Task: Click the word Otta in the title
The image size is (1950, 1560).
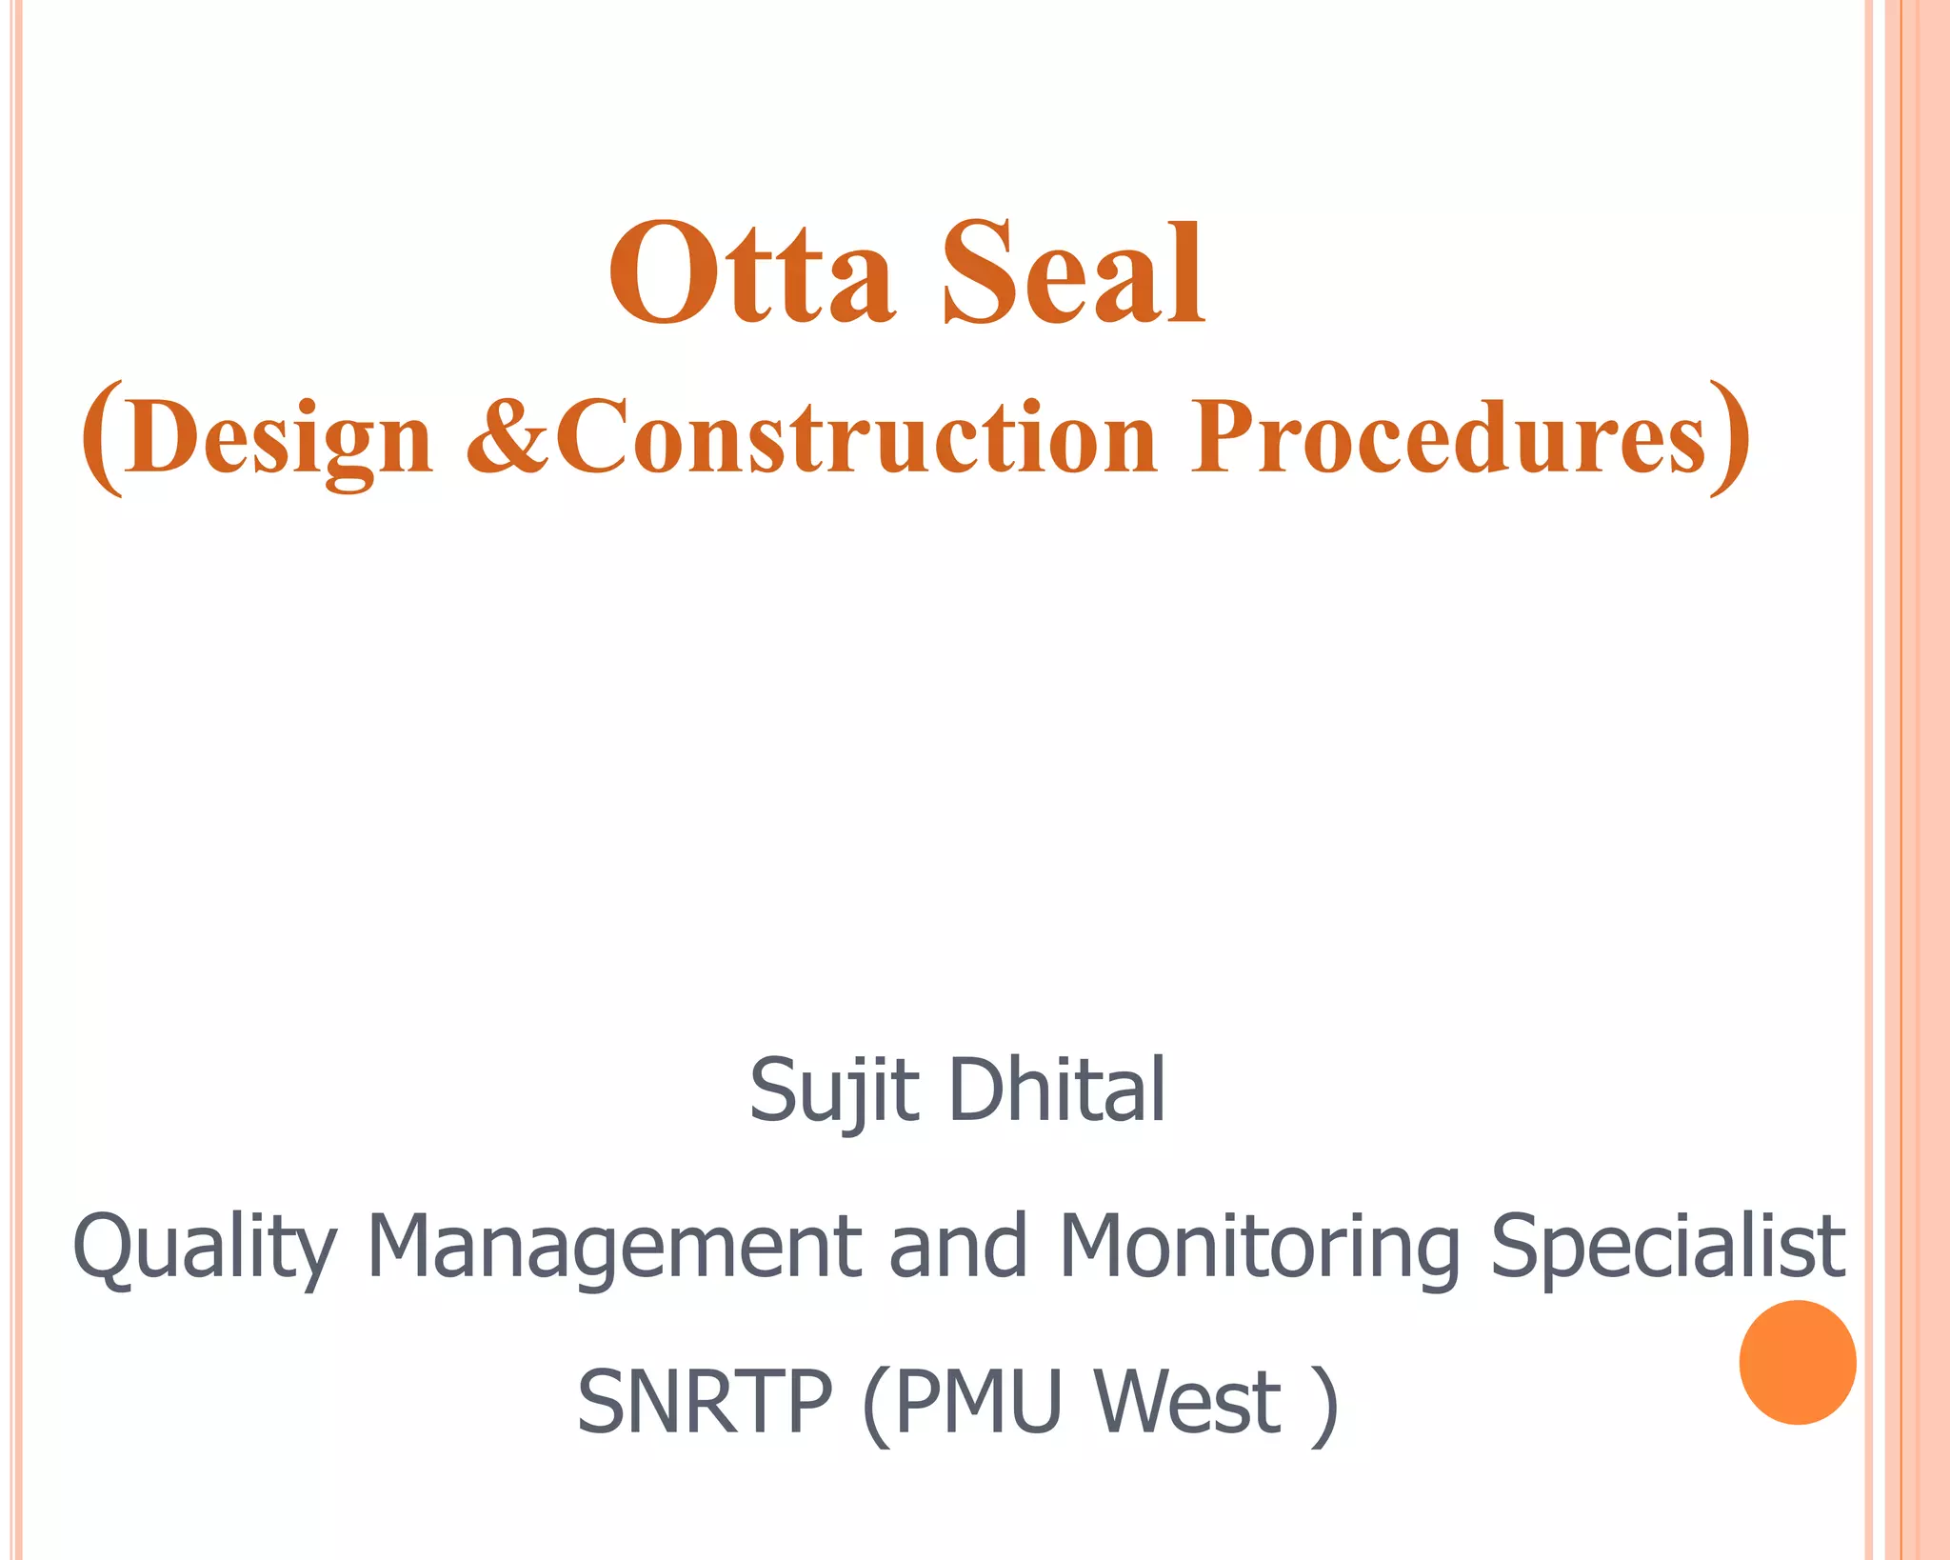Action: [751, 272]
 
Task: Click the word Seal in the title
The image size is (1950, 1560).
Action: [1074, 272]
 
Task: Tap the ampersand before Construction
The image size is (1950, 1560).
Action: [507, 436]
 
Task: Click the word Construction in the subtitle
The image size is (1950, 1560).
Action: [857, 436]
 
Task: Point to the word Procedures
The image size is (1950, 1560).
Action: [1447, 436]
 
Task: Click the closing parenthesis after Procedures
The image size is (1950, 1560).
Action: [1729, 438]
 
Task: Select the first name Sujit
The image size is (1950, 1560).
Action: [834, 1090]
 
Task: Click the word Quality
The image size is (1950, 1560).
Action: [205, 1248]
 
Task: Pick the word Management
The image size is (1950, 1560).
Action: [613, 1248]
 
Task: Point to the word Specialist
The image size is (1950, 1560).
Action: [1667, 1248]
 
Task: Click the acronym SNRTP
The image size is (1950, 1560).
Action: [705, 1402]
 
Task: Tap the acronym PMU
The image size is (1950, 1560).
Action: [978, 1402]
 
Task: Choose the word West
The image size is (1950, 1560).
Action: [1187, 1402]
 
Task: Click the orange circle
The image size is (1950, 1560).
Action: [1797, 1362]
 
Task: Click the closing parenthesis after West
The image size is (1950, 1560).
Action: [1324, 1406]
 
